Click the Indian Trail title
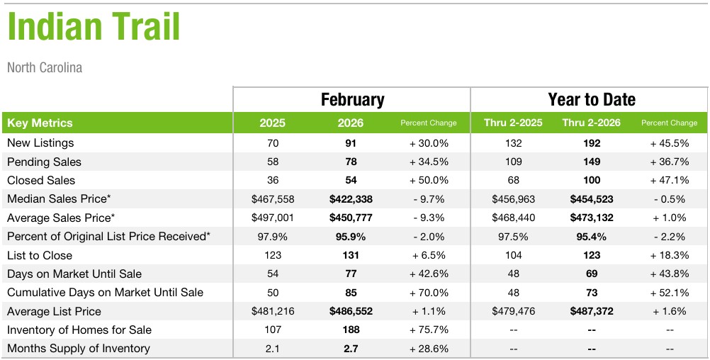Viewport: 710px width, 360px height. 94,27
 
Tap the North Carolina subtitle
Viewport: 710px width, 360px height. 45,68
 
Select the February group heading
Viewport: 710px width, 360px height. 352,100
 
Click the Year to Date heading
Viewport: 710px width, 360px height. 591,100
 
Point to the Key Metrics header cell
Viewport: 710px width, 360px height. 40,123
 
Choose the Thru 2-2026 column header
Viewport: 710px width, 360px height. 591,123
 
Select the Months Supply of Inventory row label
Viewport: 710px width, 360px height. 78,349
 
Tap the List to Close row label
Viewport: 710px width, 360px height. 40,255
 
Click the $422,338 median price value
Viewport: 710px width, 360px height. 351,199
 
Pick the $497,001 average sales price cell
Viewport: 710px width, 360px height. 272,218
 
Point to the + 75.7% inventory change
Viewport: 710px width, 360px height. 429,330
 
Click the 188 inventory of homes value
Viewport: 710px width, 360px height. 351,330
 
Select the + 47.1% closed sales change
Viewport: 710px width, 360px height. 669,180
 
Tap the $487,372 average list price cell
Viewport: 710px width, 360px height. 591,311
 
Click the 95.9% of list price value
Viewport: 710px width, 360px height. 351,237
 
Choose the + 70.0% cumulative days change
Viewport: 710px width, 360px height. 429,293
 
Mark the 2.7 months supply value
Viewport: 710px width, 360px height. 351,349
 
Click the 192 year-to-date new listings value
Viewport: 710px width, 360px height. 591,143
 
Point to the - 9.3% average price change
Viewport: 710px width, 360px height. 429,218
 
